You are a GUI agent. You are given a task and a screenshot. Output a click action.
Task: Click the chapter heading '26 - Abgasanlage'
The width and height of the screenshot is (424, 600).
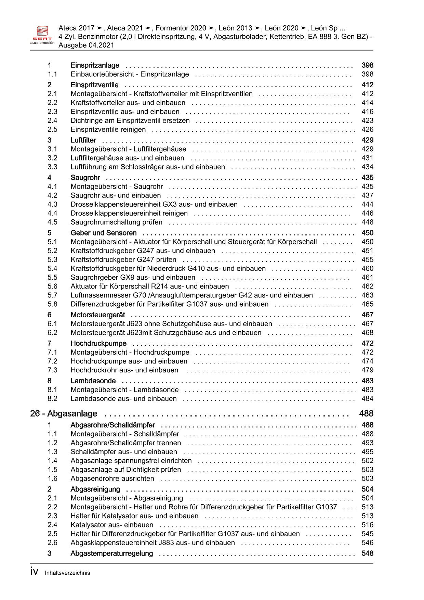pos(64,413)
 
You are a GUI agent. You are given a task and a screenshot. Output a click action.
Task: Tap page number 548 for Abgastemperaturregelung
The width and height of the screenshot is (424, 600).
pos(367,553)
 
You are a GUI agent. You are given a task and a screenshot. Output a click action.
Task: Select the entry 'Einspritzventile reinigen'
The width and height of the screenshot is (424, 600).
pos(108,129)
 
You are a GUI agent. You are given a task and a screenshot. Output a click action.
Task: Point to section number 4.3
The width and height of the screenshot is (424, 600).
pos(52,204)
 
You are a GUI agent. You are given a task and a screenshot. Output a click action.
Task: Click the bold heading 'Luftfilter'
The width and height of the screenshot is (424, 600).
pos(83,140)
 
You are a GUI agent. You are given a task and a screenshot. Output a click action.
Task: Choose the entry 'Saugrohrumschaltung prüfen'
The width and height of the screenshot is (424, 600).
pos(117,222)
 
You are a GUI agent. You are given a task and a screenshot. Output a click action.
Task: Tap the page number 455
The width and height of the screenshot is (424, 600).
pos(367,259)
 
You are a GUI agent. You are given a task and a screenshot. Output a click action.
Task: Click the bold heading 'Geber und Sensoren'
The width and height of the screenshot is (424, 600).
pos(104,233)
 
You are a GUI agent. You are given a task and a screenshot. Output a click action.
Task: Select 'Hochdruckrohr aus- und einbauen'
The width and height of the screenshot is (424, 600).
pos(124,370)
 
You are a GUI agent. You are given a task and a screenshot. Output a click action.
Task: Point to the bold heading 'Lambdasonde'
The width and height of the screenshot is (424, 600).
pos(93,381)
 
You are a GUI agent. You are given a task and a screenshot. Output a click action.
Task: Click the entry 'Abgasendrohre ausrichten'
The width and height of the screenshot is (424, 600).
pos(112,478)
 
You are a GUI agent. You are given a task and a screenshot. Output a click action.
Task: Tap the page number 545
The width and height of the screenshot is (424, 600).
pos(367,534)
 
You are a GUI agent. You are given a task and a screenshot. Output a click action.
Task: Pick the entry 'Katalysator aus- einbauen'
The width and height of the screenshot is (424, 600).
pos(112,525)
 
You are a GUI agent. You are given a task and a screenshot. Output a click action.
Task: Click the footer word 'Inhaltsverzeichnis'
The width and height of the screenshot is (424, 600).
pos(67,573)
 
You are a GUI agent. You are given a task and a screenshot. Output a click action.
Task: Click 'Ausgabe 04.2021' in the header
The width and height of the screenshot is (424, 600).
pos(86,45)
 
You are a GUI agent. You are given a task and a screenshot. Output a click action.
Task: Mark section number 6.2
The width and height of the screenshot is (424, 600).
pos(52,333)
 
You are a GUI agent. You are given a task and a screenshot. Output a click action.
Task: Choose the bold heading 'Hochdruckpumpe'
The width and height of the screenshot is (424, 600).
pos(98,343)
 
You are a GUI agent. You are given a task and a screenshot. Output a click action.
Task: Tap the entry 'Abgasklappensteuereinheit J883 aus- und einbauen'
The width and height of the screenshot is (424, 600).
pos(153,542)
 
